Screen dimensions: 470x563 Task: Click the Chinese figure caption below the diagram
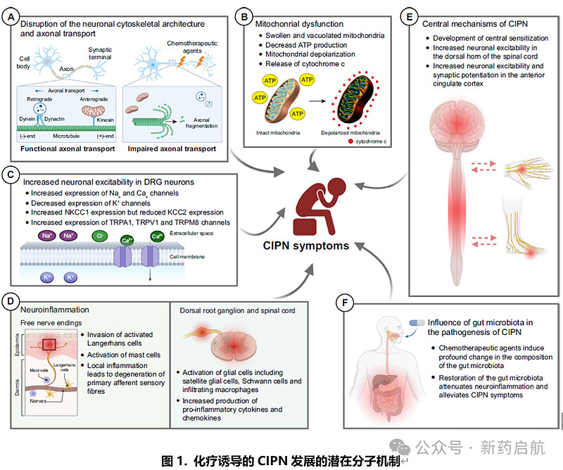[280, 461]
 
